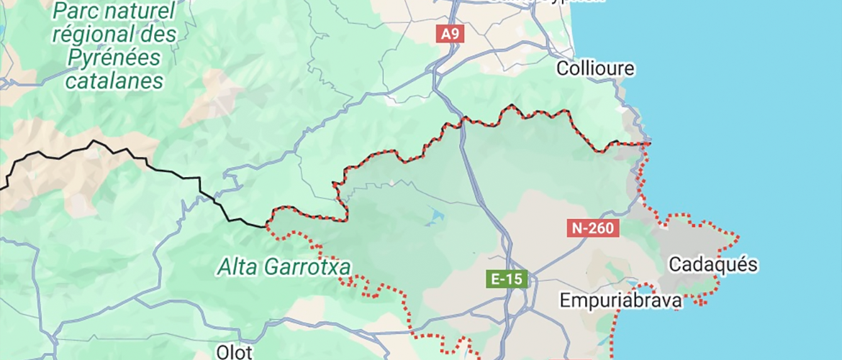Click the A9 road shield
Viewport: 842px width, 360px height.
[x=449, y=34]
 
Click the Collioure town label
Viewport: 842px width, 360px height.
[x=596, y=68]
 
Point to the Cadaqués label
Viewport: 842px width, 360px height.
[x=712, y=265]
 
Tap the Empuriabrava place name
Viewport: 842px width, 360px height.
[x=622, y=300]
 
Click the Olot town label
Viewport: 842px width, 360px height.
[x=234, y=352]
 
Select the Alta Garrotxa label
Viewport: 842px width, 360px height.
[x=284, y=268]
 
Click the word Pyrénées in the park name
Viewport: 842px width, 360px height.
[x=114, y=58]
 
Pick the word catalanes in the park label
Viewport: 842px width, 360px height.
[x=114, y=81]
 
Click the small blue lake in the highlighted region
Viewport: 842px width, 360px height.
[x=437, y=213]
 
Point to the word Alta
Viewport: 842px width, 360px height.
[x=238, y=268]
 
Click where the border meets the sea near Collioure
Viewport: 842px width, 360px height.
[x=648, y=143]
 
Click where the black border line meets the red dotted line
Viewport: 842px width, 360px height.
[x=267, y=227]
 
